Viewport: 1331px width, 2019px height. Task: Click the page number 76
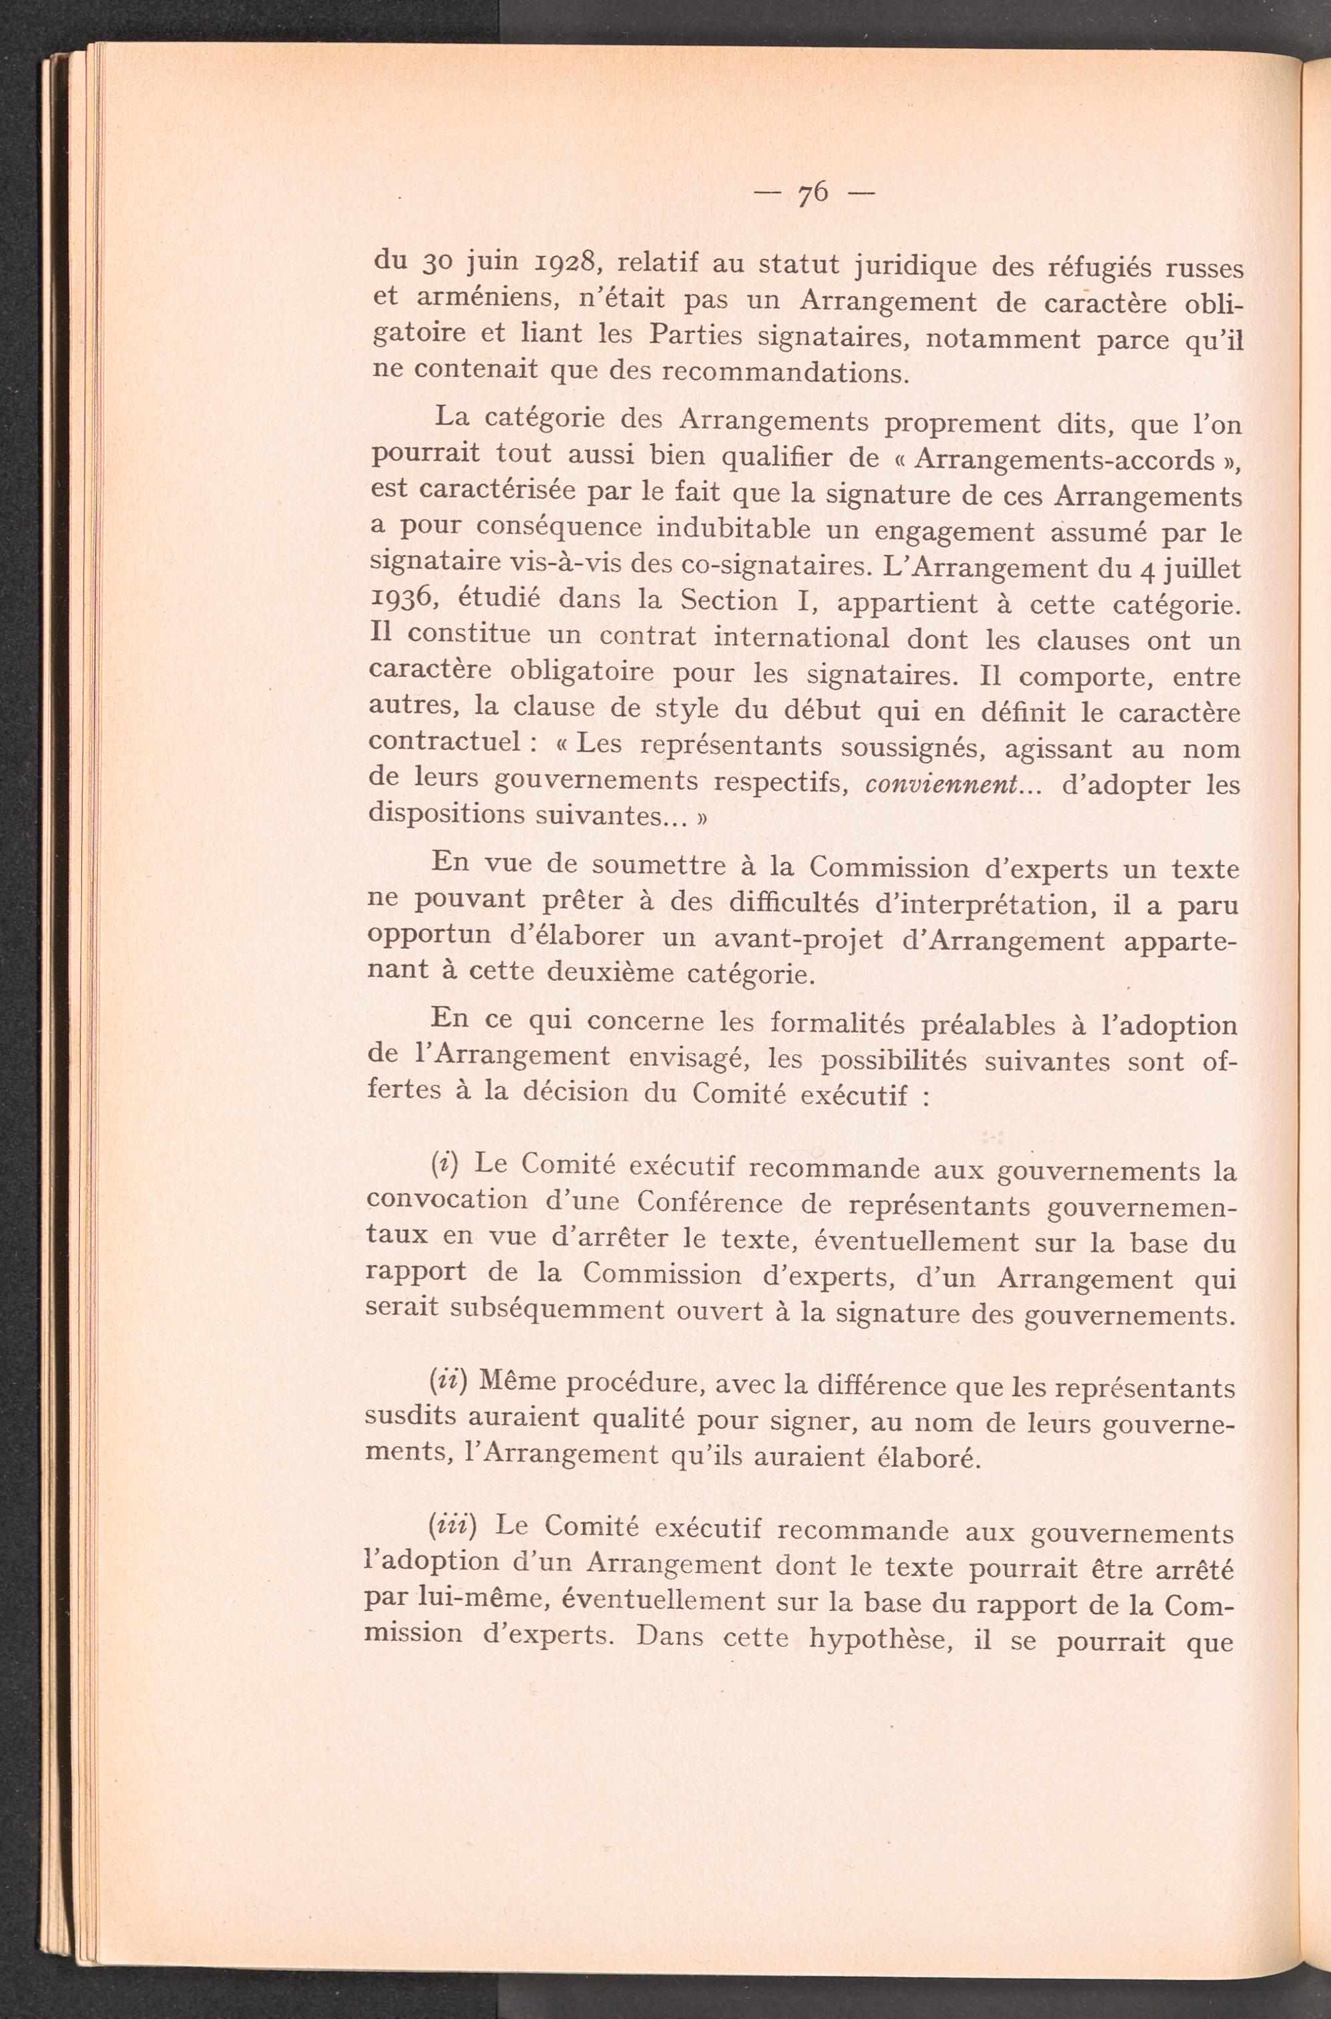(x=813, y=194)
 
